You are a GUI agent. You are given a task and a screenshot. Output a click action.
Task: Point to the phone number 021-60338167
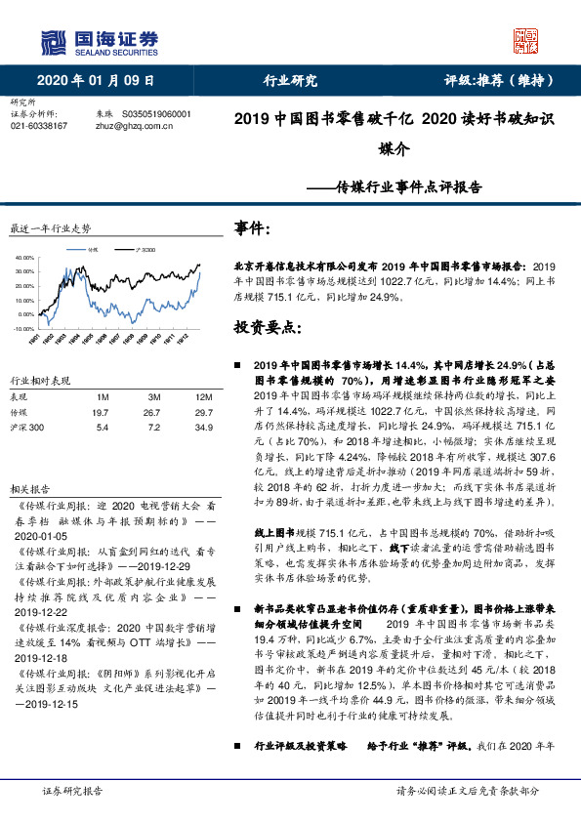[39, 126]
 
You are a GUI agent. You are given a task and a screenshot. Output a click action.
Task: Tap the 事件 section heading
[252, 227]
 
